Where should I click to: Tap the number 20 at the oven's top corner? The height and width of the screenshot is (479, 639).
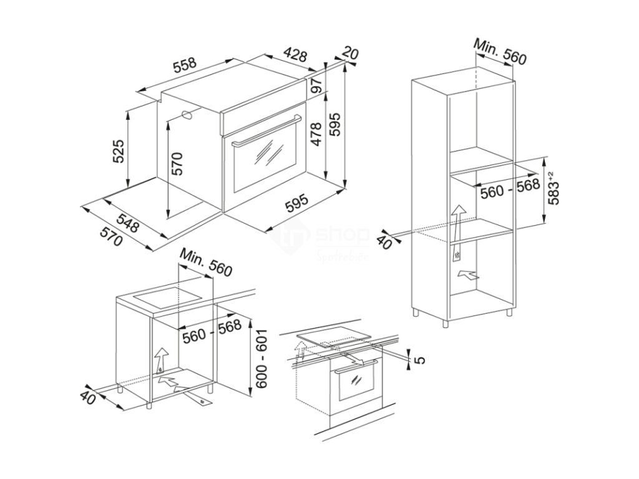point(351,54)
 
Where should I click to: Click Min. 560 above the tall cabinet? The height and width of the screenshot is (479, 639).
point(500,51)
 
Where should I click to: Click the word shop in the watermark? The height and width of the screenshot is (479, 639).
point(344,235)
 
